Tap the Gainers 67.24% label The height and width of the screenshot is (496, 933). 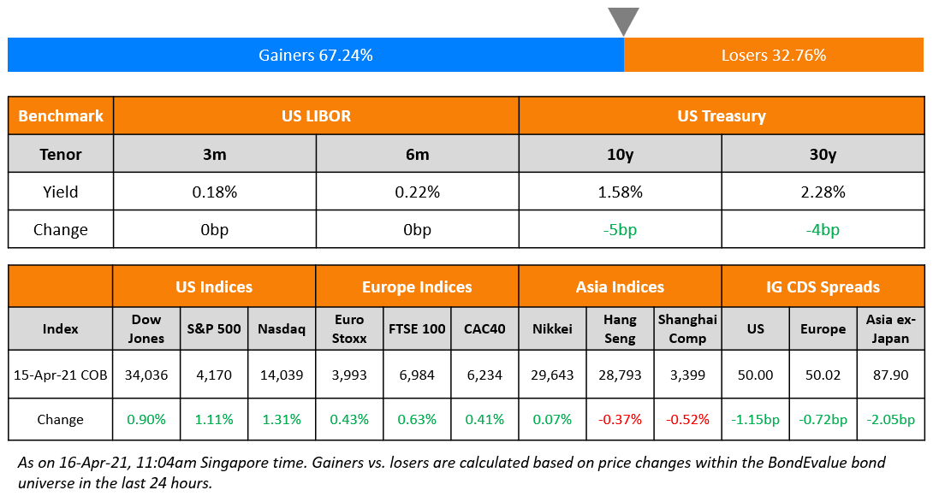pyautogui.click(x=316, y=56)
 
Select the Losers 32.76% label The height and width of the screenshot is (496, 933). pyautogui.click(x=774, y=56)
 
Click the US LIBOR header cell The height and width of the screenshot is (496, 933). pyautogui.click(x=316, y=116)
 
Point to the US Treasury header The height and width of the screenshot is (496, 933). pyautogui.click(x=721, y=116)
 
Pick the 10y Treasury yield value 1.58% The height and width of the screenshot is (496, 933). pyautogui.click(x=620, y=192)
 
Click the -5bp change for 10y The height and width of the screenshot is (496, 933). pyautogui.click(x=620, y=230)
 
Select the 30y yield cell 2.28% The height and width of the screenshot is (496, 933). pyautogui.click(x=823, y=192)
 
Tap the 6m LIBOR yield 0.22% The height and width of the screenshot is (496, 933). pyautogui.click(x=417, y=192)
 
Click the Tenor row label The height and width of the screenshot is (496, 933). pyautogui.click(x=61, y=155)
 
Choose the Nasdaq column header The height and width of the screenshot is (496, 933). pyautogui.click(x=282, y=329)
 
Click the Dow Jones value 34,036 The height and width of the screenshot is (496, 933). pyautogui.click(x=146, y=375)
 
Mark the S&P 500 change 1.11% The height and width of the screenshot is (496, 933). pyautogui.click(x=214, y=420)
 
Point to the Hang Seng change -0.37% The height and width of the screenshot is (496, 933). pyautogui.click(x=620, y=420)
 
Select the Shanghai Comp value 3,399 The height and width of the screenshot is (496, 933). pyautogui.click(x=687, y=375)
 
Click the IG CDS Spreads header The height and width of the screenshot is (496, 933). pyautogui.click(x=823, y=287)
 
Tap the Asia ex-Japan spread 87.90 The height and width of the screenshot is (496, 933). pyautogui.click(x=890, y=375)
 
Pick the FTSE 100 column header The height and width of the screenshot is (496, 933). pyautogui.click(x=417, y=329)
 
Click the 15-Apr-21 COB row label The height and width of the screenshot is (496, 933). pyautogui.click(x=61, y=375)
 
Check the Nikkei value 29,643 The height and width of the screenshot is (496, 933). pyautogui.click(x=552, y=375)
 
